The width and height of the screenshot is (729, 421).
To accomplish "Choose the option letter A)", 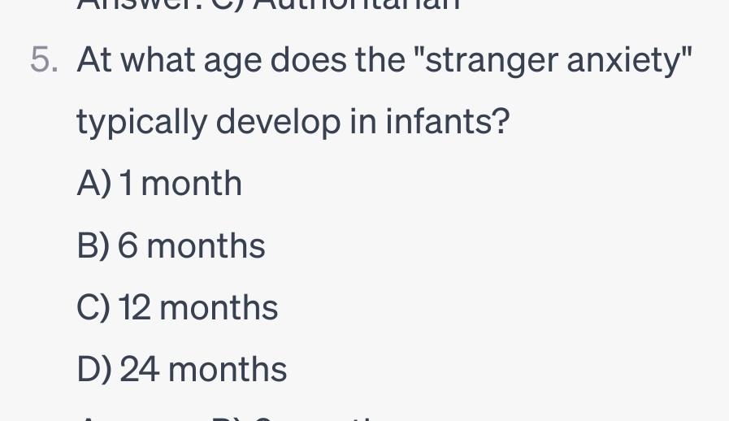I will pyautogui.click(x=93, y=184).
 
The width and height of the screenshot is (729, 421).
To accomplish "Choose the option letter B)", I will pyautogui.click(x=93, y=246).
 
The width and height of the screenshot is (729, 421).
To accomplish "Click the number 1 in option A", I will pyautogui.click(x=127, y=184).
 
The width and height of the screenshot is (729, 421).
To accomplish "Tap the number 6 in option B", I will pyautogui.click(x=128, y=246).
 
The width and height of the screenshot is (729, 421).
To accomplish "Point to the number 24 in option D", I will pyautogui.click(x=140, y=371).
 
